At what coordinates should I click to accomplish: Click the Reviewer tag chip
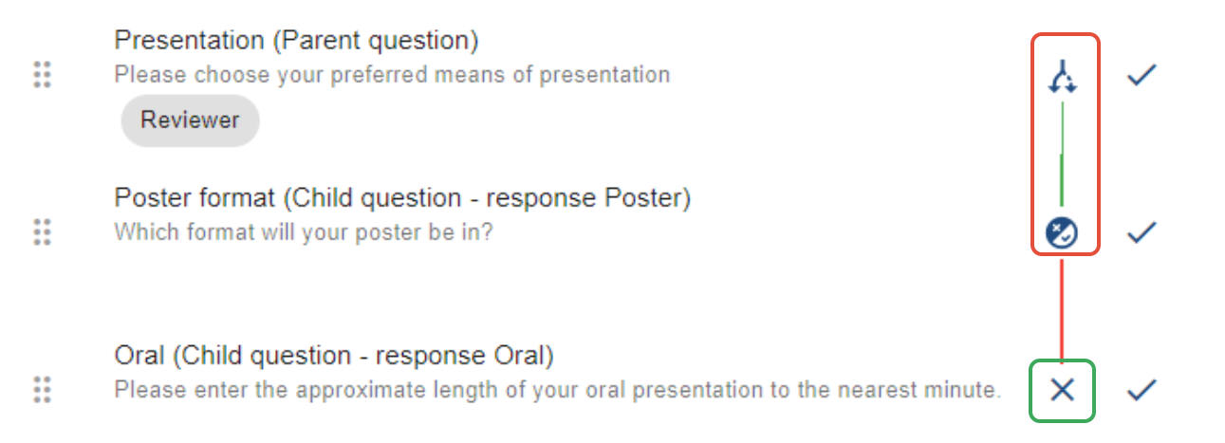point(190,120)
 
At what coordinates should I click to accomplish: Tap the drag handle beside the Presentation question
point(41,74)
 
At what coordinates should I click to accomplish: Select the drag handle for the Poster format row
point(41,231)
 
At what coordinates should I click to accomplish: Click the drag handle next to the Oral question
point(41,389)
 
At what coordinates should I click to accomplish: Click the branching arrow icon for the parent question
point(1063,75)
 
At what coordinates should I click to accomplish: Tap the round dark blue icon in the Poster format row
point(1062,232)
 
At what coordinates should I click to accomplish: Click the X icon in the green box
point(1062,389)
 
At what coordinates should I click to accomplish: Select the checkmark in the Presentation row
point(1141,75)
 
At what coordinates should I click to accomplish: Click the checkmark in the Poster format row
point(1141,232)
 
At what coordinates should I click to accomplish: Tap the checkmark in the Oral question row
point(1141,389)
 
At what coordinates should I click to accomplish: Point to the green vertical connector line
point(1062,152)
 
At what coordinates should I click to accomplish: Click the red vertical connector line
point(1062,308)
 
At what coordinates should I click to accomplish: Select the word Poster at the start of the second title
point(145,198)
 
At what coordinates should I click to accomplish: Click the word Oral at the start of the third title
point(139,356)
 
